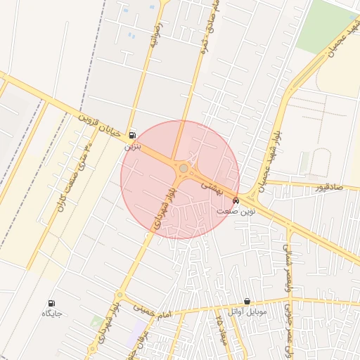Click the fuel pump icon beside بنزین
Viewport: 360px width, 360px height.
point(133,134)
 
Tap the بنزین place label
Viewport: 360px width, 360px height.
point(133,147)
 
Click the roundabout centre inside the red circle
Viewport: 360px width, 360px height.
point(184,169)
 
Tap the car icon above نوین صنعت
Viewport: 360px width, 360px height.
point(235,200)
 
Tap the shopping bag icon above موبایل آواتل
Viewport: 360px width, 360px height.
point(247,301)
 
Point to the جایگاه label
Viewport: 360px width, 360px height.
point(51,314)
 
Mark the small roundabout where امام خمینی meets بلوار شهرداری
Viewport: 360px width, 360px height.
point(120,295)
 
